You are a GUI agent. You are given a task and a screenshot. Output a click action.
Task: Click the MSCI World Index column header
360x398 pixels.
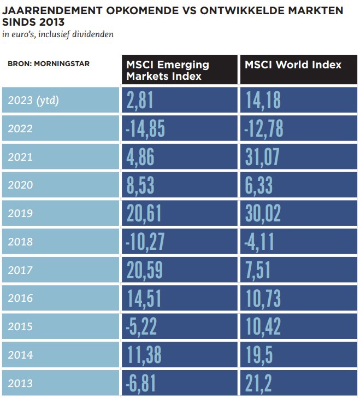point(293,65)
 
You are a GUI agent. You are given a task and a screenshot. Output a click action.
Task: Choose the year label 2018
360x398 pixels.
point(20,242)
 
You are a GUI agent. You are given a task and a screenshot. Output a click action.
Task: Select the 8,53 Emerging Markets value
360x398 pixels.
point(140,185)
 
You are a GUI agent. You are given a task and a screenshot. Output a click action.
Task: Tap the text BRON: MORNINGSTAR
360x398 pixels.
point(49,63)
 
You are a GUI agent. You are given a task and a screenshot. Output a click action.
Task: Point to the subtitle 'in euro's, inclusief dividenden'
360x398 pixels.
point(58,34)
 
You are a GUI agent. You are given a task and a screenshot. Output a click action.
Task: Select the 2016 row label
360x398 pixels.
point(20,298)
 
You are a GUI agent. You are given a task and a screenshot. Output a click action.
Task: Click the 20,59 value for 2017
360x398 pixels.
point(144,270)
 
